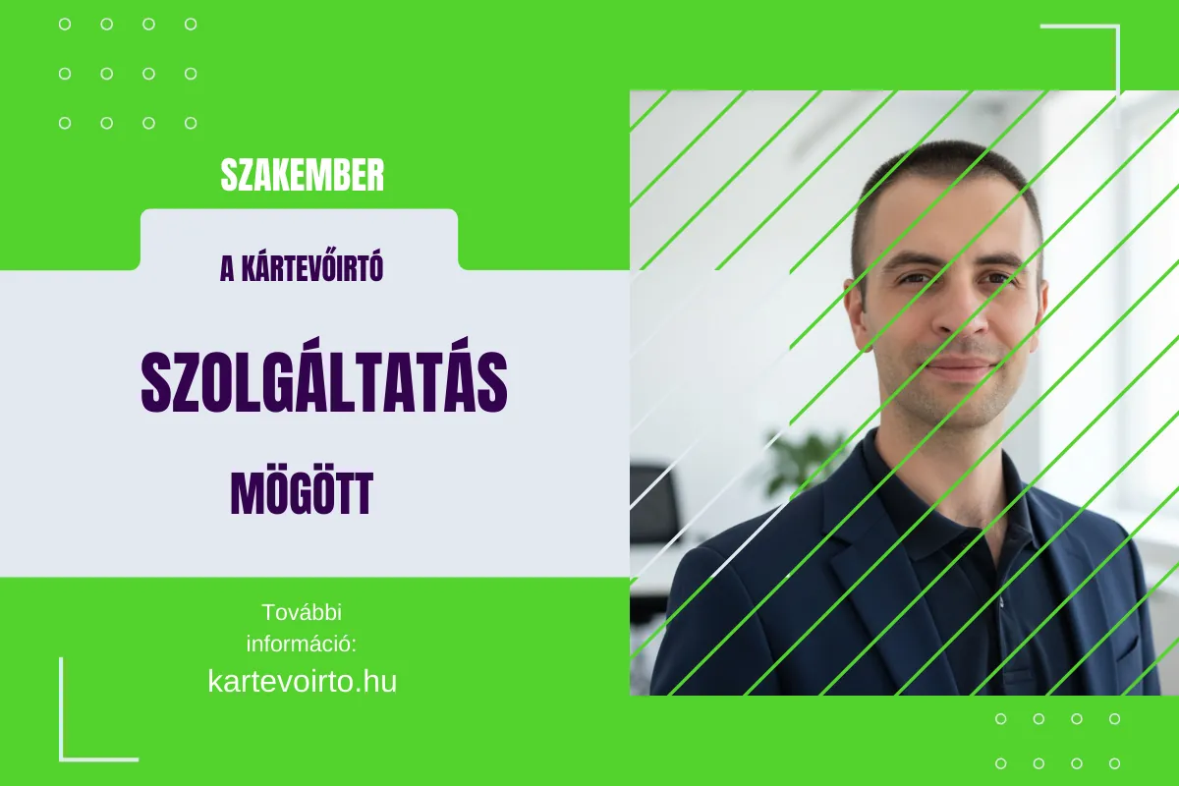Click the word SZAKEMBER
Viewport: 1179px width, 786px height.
303,176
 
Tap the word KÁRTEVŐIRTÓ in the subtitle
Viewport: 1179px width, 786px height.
312,269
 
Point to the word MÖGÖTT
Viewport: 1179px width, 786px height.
302,494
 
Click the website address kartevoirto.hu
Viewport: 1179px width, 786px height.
303,681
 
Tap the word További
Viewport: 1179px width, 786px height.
302,612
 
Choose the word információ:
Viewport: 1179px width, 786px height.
301,645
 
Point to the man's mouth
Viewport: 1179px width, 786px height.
958,370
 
